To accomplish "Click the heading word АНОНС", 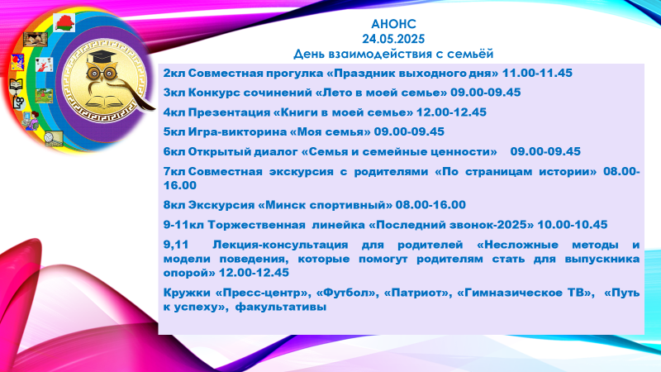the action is [393, 24].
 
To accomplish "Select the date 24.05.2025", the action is [393, 39].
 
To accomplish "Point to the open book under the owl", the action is [102, 103].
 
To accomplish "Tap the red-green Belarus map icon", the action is [64, 22].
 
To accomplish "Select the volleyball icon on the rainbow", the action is [54, 139].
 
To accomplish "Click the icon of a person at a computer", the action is [30, 120].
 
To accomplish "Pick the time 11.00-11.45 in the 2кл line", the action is [537, 73].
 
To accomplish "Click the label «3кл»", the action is [174, 93].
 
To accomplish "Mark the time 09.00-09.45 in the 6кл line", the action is [545, 151].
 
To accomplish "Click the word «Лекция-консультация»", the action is [280, 245].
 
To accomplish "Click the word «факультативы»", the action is [281, 307].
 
